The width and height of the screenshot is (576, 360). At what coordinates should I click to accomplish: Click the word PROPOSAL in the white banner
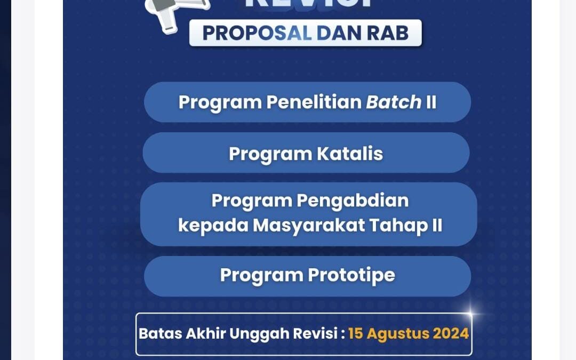point(257,33)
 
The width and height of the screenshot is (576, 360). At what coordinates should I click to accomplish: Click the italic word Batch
point(394,102)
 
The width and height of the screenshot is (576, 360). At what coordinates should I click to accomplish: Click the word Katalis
point(349,154)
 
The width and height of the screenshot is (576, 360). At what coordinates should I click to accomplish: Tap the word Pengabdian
point(353,201)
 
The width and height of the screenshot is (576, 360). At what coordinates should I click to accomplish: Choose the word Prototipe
point(351,275)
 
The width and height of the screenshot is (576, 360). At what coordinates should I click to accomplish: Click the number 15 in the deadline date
point(356,334)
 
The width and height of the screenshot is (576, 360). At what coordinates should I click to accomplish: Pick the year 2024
point(451,334)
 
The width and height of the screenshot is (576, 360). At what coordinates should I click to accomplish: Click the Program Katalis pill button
point(306,154)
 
